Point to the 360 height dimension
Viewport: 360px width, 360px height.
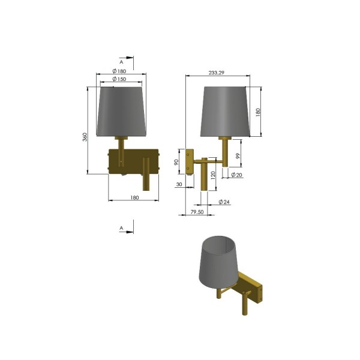(85, 137)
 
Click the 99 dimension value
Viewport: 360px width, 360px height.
(238, 155)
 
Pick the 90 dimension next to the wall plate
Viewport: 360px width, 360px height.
(176, 163)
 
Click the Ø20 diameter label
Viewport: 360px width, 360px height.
(236, 175)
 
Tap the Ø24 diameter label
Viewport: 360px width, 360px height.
(224, 202)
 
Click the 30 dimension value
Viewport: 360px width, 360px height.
(179, 185)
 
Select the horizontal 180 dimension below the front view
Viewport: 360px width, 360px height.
(134, 198)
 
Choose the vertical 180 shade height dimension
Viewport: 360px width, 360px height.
(259, 112)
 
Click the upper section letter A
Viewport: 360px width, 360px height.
(121, 62)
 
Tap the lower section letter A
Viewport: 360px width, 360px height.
(121, 228)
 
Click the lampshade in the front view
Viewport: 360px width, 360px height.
(121, 111)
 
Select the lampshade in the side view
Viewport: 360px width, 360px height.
(225, 111)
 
